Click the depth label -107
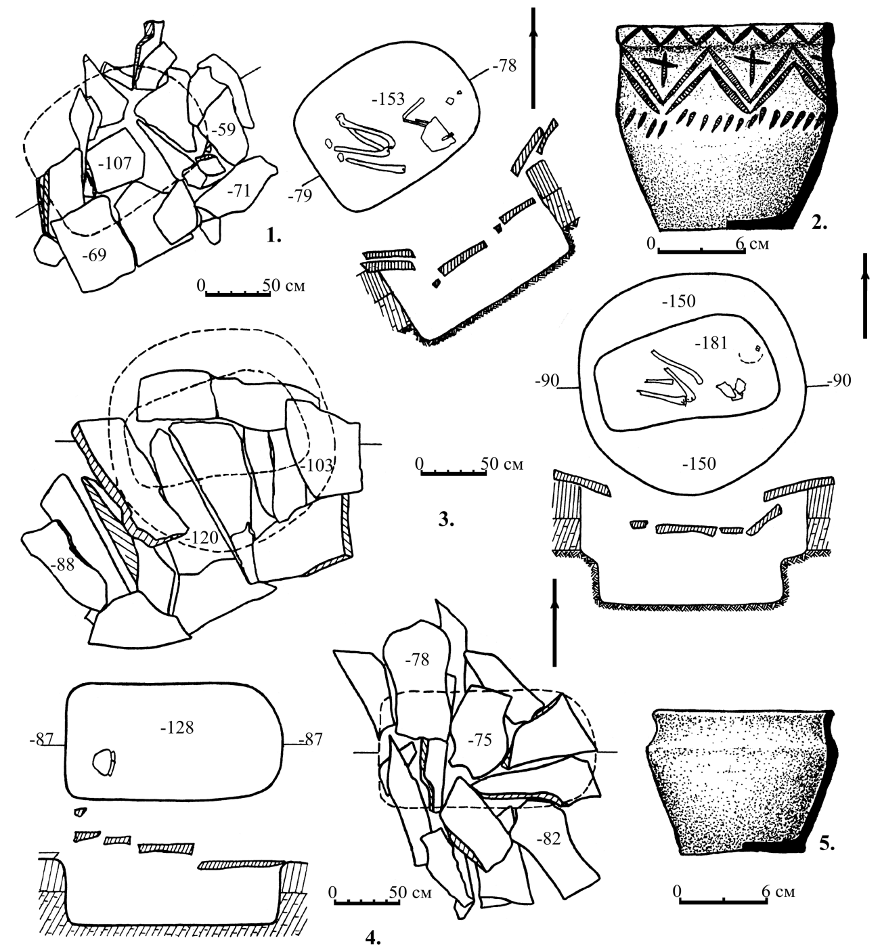pyautogui.click(x=115, y=163)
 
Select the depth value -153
pyautogui.click(x=389, y=99)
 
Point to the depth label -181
pyautogui.click(x=711, y=342)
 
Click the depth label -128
pyautogui.click(x=177, y=728)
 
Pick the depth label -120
pyautogui.click(x=202, y=537)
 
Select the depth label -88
pyautogui.click(x=62, y=565)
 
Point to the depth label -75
pyautogui.click(x=479, y=740)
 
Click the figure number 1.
pyautogui.click(x=273, y=235)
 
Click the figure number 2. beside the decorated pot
pyautogui.click(x=820, y=222)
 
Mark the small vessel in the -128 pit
pyautogui.click(x=104, y=762)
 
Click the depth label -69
pyautogui.click(x=93, y=255)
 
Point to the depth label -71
pyautogui.click(x=238, y=191)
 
